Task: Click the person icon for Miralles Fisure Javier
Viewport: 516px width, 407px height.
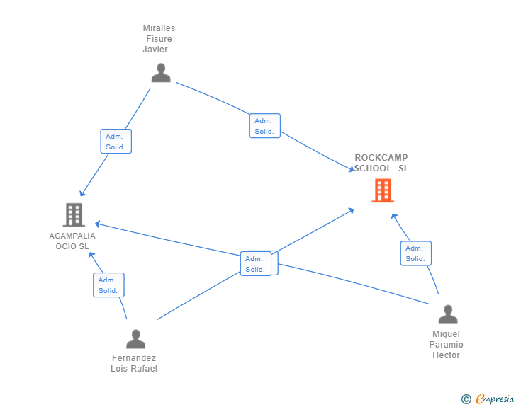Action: [161, 73]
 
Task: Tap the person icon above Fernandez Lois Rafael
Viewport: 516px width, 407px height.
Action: [135, 339]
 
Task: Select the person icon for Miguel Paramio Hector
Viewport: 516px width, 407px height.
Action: [448, 314]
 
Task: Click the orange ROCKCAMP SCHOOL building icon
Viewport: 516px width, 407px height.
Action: [383, 190]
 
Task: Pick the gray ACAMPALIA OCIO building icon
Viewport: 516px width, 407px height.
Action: [74, 215]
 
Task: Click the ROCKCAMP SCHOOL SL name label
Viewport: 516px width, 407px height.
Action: [381, 163]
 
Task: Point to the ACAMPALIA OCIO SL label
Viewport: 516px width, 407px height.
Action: [72, 241]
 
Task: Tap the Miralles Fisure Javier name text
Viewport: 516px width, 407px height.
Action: [159, 39]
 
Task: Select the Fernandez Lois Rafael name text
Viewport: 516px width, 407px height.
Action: [134, 363]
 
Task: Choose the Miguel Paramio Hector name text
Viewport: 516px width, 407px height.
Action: [447, 345]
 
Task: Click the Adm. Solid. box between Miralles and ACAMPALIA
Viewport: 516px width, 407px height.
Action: [116, 142]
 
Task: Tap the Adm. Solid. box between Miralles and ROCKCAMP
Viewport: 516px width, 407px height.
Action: [265, 126]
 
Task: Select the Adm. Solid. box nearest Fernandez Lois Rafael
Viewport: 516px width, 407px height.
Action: [108, 285]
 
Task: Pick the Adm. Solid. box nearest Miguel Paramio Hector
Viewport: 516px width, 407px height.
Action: [416, 253]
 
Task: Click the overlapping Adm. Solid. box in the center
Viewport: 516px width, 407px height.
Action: [256, 263]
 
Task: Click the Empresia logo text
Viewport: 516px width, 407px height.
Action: [495, 399]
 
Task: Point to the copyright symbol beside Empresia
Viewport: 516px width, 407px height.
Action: [466, 399]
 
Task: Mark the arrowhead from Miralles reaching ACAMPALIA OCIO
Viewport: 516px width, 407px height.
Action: [82, 193]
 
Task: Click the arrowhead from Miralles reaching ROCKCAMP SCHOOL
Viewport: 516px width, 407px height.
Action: [351, 169]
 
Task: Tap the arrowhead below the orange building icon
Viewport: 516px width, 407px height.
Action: [393, 217]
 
